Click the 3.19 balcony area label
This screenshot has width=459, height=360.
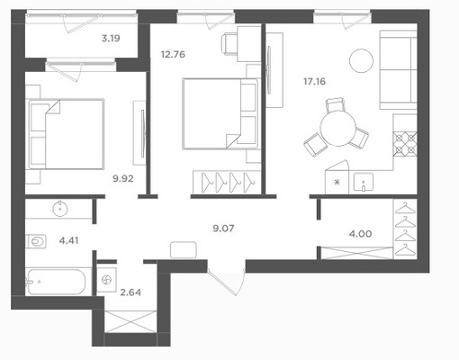tap(111, 39)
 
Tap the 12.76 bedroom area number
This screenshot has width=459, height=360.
tap(173, 55)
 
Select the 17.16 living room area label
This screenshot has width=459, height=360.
tap(314, 81)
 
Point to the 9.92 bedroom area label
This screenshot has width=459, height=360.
tap(123, 178)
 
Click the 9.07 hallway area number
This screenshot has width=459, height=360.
tap(223, 229)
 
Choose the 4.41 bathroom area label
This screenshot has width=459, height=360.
tap(68, 240)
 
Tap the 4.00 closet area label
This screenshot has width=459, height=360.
tap(360, 234)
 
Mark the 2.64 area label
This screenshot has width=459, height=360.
tap(130, 292)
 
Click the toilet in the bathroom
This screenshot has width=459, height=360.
tap(36, 241)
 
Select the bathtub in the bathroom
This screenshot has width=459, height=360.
tap(56, 282)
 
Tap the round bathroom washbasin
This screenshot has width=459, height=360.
tap(60, 209)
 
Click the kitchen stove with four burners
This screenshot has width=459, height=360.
tap(405, 145)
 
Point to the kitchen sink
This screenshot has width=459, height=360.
tap(364, 182)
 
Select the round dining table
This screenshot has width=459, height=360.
tap(337, 128)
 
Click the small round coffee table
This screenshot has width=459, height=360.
tap(361, 60)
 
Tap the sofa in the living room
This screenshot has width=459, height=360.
tap(399, 69)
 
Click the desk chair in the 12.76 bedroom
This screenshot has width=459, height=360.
tap(229, 44)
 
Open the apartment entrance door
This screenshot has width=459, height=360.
tap(227, 282)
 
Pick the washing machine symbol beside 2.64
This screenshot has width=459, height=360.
tap(107, 280)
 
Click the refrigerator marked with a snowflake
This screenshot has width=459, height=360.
tap(337, 177)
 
